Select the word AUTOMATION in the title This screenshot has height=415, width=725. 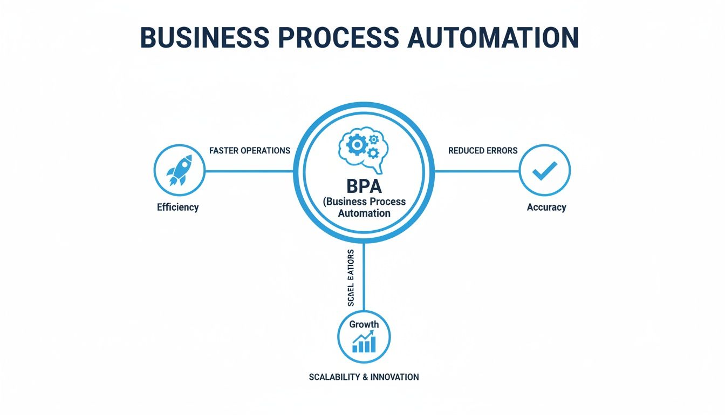click(494, 37)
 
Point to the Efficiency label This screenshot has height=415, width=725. click(177, 207)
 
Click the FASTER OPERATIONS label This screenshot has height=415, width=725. click(250, 151)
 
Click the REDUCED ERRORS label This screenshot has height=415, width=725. click(483, 151)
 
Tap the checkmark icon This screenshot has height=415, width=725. click(544, 171)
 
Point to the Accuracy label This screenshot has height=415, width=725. click(546, 207)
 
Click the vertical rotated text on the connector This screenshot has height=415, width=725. click(351, 278)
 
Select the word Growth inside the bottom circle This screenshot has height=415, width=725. click(364, 324)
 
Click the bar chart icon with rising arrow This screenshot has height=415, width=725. click(364, 343)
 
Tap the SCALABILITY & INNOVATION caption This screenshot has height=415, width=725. click(364, 377)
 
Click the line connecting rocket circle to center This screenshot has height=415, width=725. click(249, 172)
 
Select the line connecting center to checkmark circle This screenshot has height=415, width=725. click(477, 172)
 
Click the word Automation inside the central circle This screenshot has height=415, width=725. click(364, 213)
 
